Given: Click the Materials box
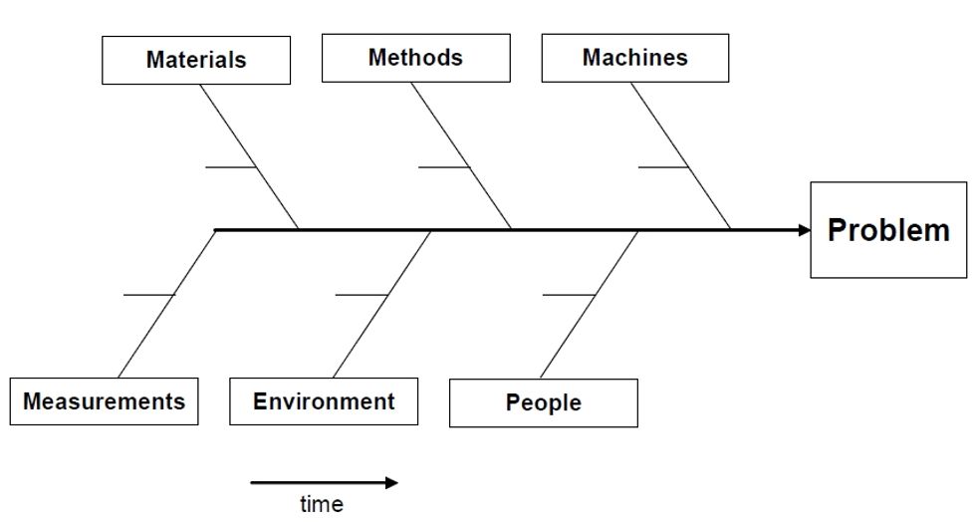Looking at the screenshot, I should click(x=196, y=60).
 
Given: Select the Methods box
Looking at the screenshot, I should click(x=415, y=58).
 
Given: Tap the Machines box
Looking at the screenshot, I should click(x=634, y=58).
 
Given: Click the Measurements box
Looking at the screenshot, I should click(x=104, y=401).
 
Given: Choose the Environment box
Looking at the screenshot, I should click(x=324, y=401).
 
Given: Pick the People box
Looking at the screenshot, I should click(x=543, y=403).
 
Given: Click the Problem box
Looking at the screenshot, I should click(x=888, y=230).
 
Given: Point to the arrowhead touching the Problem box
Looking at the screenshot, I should click(x=804, y=230).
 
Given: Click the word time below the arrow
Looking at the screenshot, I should click(x=322, y=504).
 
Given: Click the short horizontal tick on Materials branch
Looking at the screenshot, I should click(x=231, y=167).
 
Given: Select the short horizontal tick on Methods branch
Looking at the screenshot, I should click(x=444, y=167).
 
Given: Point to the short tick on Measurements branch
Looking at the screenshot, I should click(x=148, y=296).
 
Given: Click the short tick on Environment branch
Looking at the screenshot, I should click(x=362, y=296).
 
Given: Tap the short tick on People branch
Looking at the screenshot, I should click(x=569, y=296).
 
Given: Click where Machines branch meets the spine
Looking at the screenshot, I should click(x=732, y=230).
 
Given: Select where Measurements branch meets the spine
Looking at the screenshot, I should click(x=216, y=230).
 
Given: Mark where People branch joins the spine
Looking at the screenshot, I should click(x=638, y=230).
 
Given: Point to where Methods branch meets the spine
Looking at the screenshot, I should click(x=513, y=230).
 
